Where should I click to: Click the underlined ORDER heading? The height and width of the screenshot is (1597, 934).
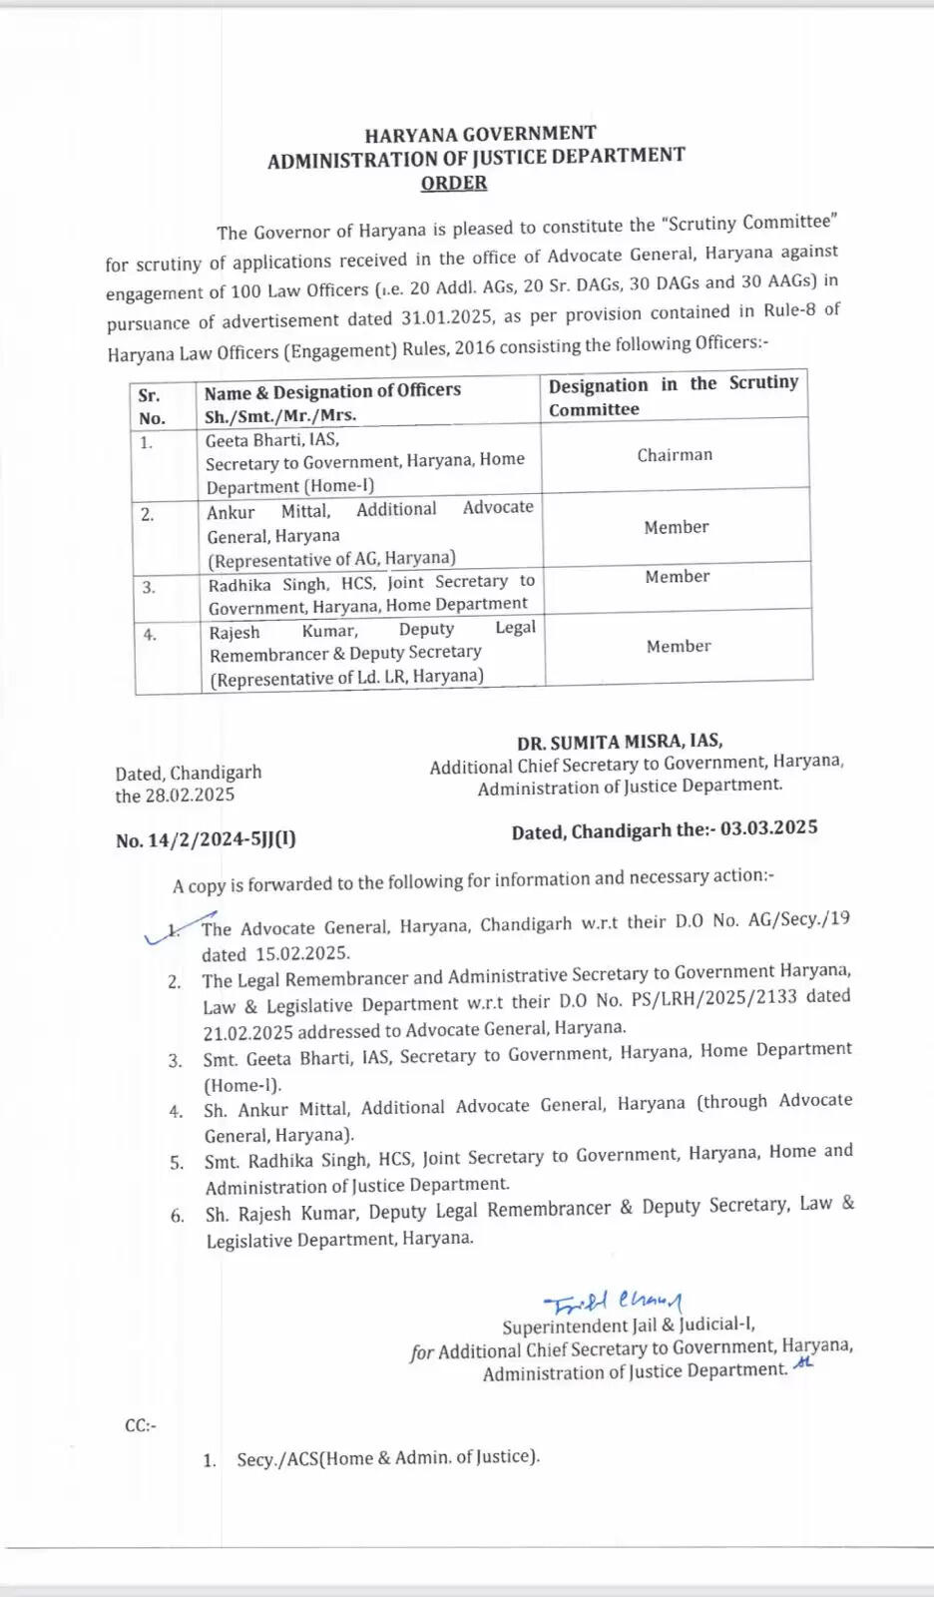point(454,183)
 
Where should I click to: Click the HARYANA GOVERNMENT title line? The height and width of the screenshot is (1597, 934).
point(480,134)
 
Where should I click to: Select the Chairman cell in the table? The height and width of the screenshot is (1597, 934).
point(675,455)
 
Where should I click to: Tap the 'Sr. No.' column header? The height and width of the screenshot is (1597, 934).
point(152,406)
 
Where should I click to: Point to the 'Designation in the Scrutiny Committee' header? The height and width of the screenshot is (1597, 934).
point(674,396)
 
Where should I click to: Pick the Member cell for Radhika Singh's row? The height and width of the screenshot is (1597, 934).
point(677,577)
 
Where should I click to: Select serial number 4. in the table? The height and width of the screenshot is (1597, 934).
point(150,635)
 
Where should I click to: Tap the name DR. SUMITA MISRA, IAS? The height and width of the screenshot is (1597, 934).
point(620,742)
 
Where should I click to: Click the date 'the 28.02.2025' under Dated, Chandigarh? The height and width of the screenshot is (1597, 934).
point(175,796)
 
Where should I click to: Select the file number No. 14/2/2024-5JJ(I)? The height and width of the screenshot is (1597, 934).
point(206,839)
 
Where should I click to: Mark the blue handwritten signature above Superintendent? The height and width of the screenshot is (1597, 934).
point(613,1302)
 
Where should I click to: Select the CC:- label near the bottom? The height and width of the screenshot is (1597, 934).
point(141,1425)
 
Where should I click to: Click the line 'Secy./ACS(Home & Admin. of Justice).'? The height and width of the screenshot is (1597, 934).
point(387,1458)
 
